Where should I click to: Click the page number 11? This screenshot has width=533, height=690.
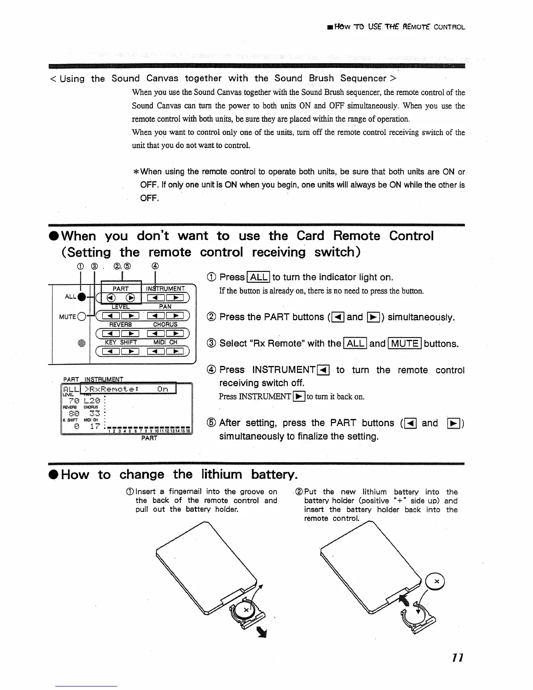[457, 657]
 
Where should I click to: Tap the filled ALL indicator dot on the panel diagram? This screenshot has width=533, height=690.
[81, 297]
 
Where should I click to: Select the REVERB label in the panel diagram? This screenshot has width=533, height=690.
[120, 325]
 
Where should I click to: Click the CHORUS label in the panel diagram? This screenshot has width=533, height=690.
[165, 325]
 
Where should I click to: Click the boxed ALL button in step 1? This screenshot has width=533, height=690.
[259, 277]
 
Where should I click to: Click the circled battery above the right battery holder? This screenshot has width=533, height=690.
[436, 582]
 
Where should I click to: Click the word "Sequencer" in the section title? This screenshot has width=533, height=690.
[363, 78]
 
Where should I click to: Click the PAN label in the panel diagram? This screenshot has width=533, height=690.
[165, 306]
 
